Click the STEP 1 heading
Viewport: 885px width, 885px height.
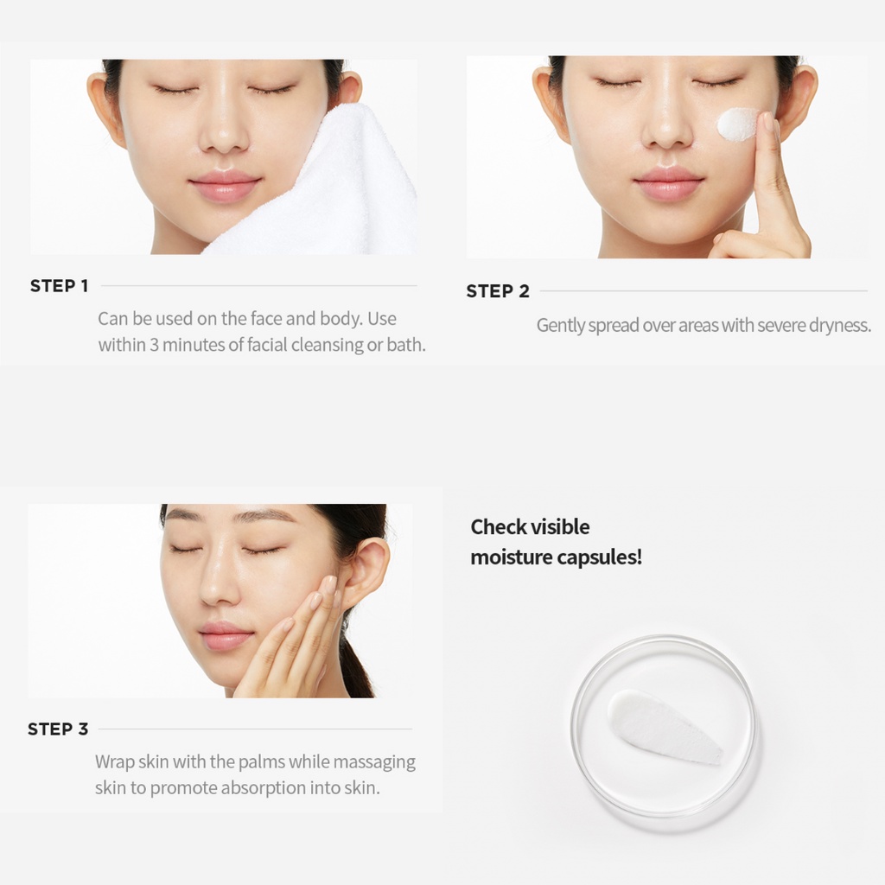(60, 285)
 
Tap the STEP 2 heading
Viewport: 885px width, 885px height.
(498, 291)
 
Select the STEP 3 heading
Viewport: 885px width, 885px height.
(58, 729)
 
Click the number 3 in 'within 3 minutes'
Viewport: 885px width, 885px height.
(154, 345)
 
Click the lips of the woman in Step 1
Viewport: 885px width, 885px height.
(226, 185)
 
